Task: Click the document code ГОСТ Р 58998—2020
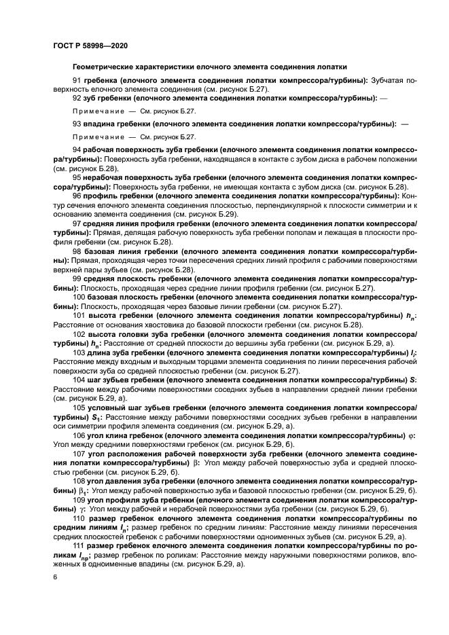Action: pyautogui.click(x=90, y=46)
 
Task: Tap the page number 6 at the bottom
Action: pyautogui.click(x=54, y=577)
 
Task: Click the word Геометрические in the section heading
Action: pyautogui.click(x=103, y=67)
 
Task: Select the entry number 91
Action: pyautogui.click(x=77, y=80)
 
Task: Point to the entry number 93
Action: pyautogui.click(x=77, y=124)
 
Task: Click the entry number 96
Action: pyautogui.click(x=77, y=195)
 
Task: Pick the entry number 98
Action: pyautogui.click(x=77, y=251)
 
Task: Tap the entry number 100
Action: pyautogui.click(x=78, y=298)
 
